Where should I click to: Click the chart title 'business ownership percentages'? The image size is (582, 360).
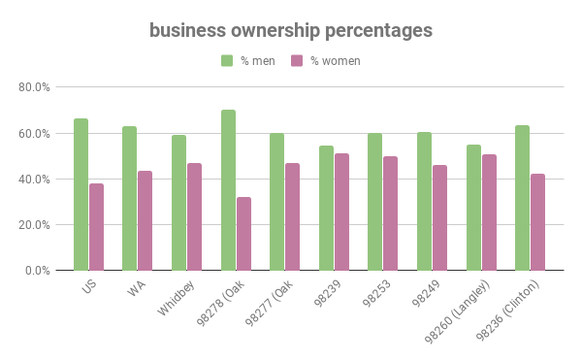pyautogui.click(x=291, y=30)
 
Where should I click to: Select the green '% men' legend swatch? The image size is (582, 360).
pyautogui.click(x=227, y=61)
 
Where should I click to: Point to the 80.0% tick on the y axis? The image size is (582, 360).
pyautogui.click(x=34, y=87)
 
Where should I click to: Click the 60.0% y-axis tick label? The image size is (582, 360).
pyautogui.click(x=34, y=133)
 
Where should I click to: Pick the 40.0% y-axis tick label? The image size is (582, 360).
pyautogui.click(x=34, y=180)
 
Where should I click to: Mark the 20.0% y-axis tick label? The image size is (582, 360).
pyautogui.click(x=34, y=225)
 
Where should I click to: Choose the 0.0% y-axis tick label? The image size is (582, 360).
pyautogui.click(x=37, y=271)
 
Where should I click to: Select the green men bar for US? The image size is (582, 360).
pyautogui.click(x=81, y=194)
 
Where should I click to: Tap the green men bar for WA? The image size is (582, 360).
pyautogui.click(x=129, y=198)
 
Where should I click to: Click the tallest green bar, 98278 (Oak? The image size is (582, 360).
pyautogui.click(x=228, y=190)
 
